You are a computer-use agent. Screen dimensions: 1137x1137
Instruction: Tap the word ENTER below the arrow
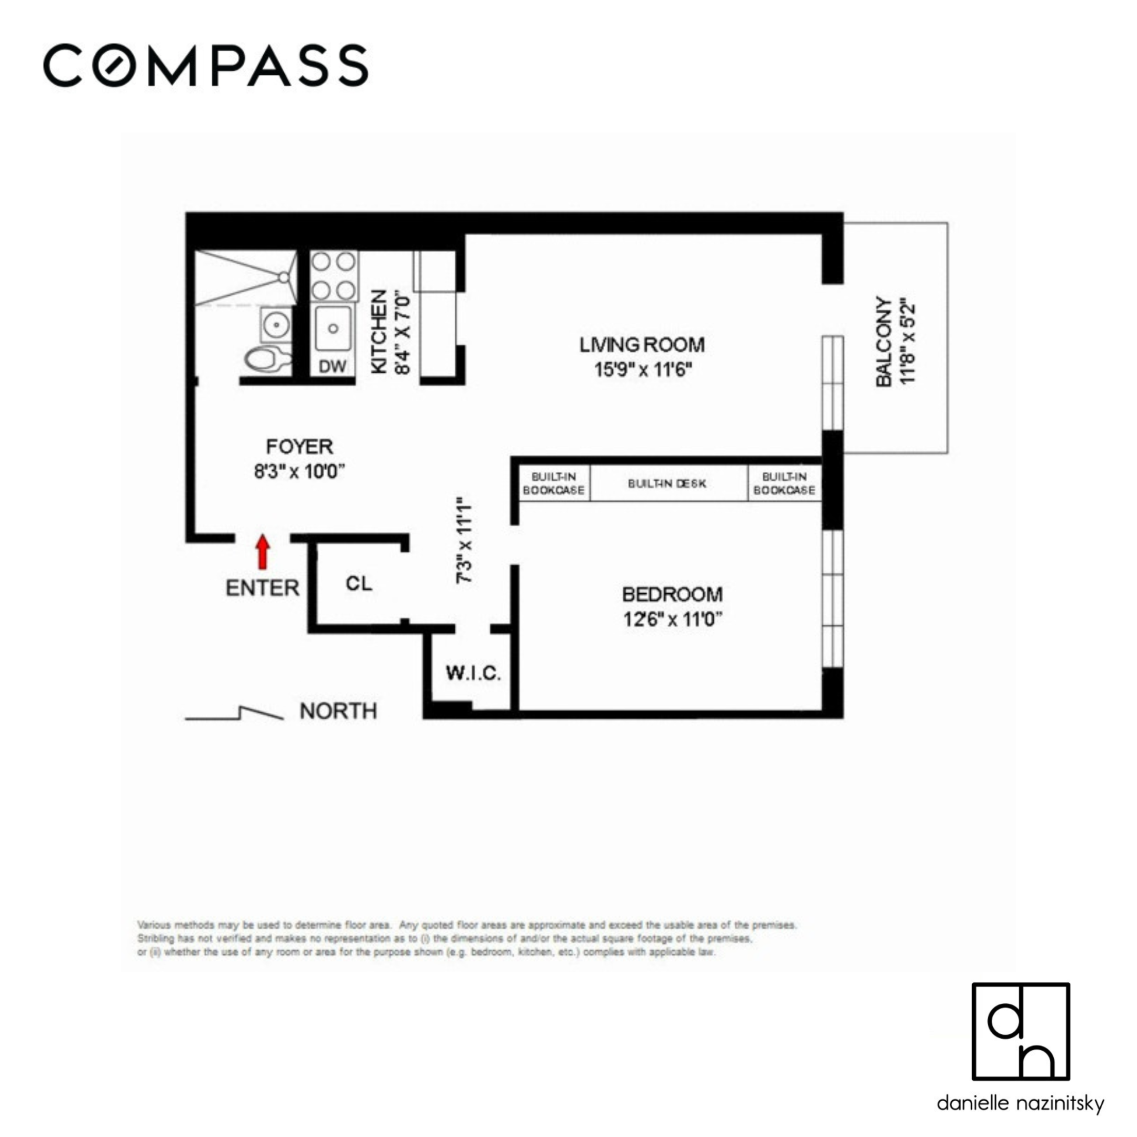[263, 588]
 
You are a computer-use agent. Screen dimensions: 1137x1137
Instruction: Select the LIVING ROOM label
[642, 345]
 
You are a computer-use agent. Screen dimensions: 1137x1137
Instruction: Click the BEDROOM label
[672, 594]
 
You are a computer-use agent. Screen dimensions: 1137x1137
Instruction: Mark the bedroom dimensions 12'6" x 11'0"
[672, 620]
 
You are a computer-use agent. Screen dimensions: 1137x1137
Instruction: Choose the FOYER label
[299, 447]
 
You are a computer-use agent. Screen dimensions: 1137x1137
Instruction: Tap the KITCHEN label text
[380, 331]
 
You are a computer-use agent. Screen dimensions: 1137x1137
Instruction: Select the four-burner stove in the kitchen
[334, 275]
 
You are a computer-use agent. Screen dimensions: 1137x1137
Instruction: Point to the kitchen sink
[333, 327]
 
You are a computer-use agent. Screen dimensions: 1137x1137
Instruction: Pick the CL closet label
[358, 583]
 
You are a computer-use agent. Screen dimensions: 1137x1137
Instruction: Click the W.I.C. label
[473, 673]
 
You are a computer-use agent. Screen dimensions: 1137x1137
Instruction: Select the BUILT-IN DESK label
[667, 484]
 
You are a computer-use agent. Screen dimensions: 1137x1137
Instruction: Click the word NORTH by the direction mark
[338, 712]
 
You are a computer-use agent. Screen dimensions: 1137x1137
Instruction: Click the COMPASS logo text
[206, 66]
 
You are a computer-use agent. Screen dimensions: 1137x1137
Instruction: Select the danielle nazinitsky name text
[1020, 1103]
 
